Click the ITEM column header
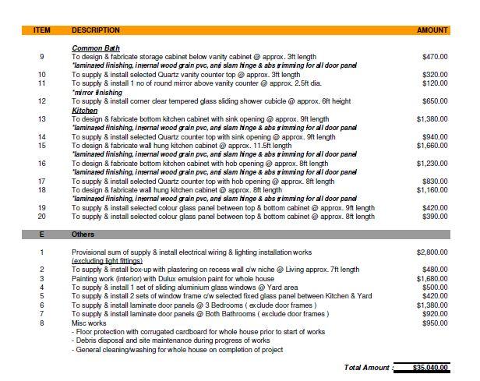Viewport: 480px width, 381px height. coord(42,30)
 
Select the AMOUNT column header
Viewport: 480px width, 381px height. coord(432,30)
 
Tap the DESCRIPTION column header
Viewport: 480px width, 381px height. coord(96,30)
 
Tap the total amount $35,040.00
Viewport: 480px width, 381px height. coord(422,366)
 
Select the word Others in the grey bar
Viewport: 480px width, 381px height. coord(83,234)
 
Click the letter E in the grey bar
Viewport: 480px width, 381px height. coord(42,234)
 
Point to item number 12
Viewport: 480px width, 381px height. coord(42,101)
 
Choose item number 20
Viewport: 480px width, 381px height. coord(42,216)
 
